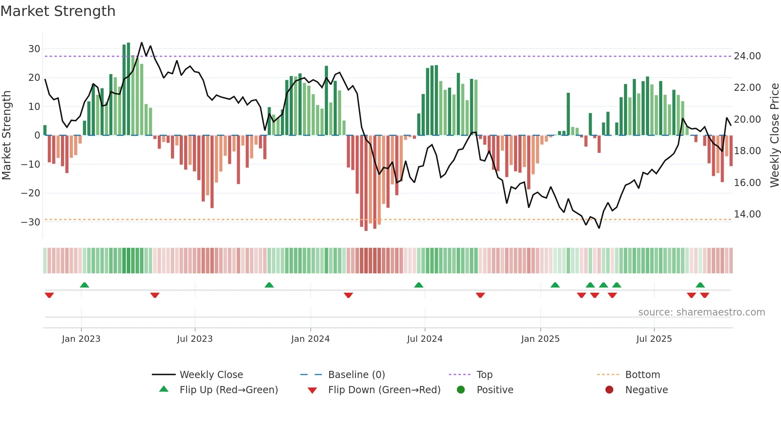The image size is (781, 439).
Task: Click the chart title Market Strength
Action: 58,11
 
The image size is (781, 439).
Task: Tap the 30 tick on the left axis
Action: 34,49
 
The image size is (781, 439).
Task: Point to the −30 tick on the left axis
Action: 31,222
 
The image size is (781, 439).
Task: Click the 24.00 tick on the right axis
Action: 747,56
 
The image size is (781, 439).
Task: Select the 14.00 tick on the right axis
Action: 747,214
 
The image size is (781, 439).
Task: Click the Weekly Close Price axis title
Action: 774,135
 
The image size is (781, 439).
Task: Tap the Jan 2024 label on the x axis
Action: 310,339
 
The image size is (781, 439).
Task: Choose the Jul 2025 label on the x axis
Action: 654,339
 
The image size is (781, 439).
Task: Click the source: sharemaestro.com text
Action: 701,312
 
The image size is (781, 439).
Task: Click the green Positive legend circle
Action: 461,390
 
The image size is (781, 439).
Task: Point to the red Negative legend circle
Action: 609,390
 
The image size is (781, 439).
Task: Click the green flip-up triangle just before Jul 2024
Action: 418,285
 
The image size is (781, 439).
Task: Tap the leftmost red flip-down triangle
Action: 49,295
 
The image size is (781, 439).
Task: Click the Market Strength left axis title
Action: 7,135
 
